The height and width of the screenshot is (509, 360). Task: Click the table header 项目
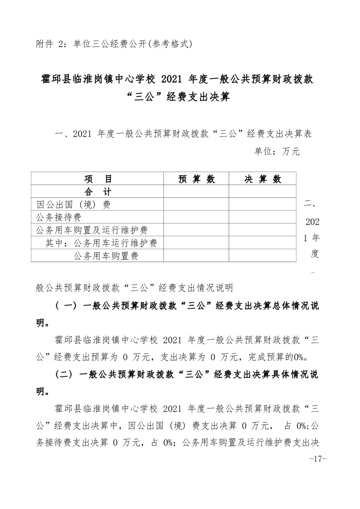(98, 179)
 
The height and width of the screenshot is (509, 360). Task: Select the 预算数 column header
(196, 179)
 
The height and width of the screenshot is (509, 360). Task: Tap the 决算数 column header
(262, 179)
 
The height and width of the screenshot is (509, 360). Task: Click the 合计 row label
(98, 191)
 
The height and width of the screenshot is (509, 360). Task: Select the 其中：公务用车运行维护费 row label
(101, 243)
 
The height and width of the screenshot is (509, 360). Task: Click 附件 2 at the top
(50, 44)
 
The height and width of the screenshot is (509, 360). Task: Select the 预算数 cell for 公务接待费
(196, 217)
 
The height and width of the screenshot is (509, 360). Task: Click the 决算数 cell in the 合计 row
(262, 191)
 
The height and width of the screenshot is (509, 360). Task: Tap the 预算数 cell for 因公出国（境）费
(196, 205)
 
